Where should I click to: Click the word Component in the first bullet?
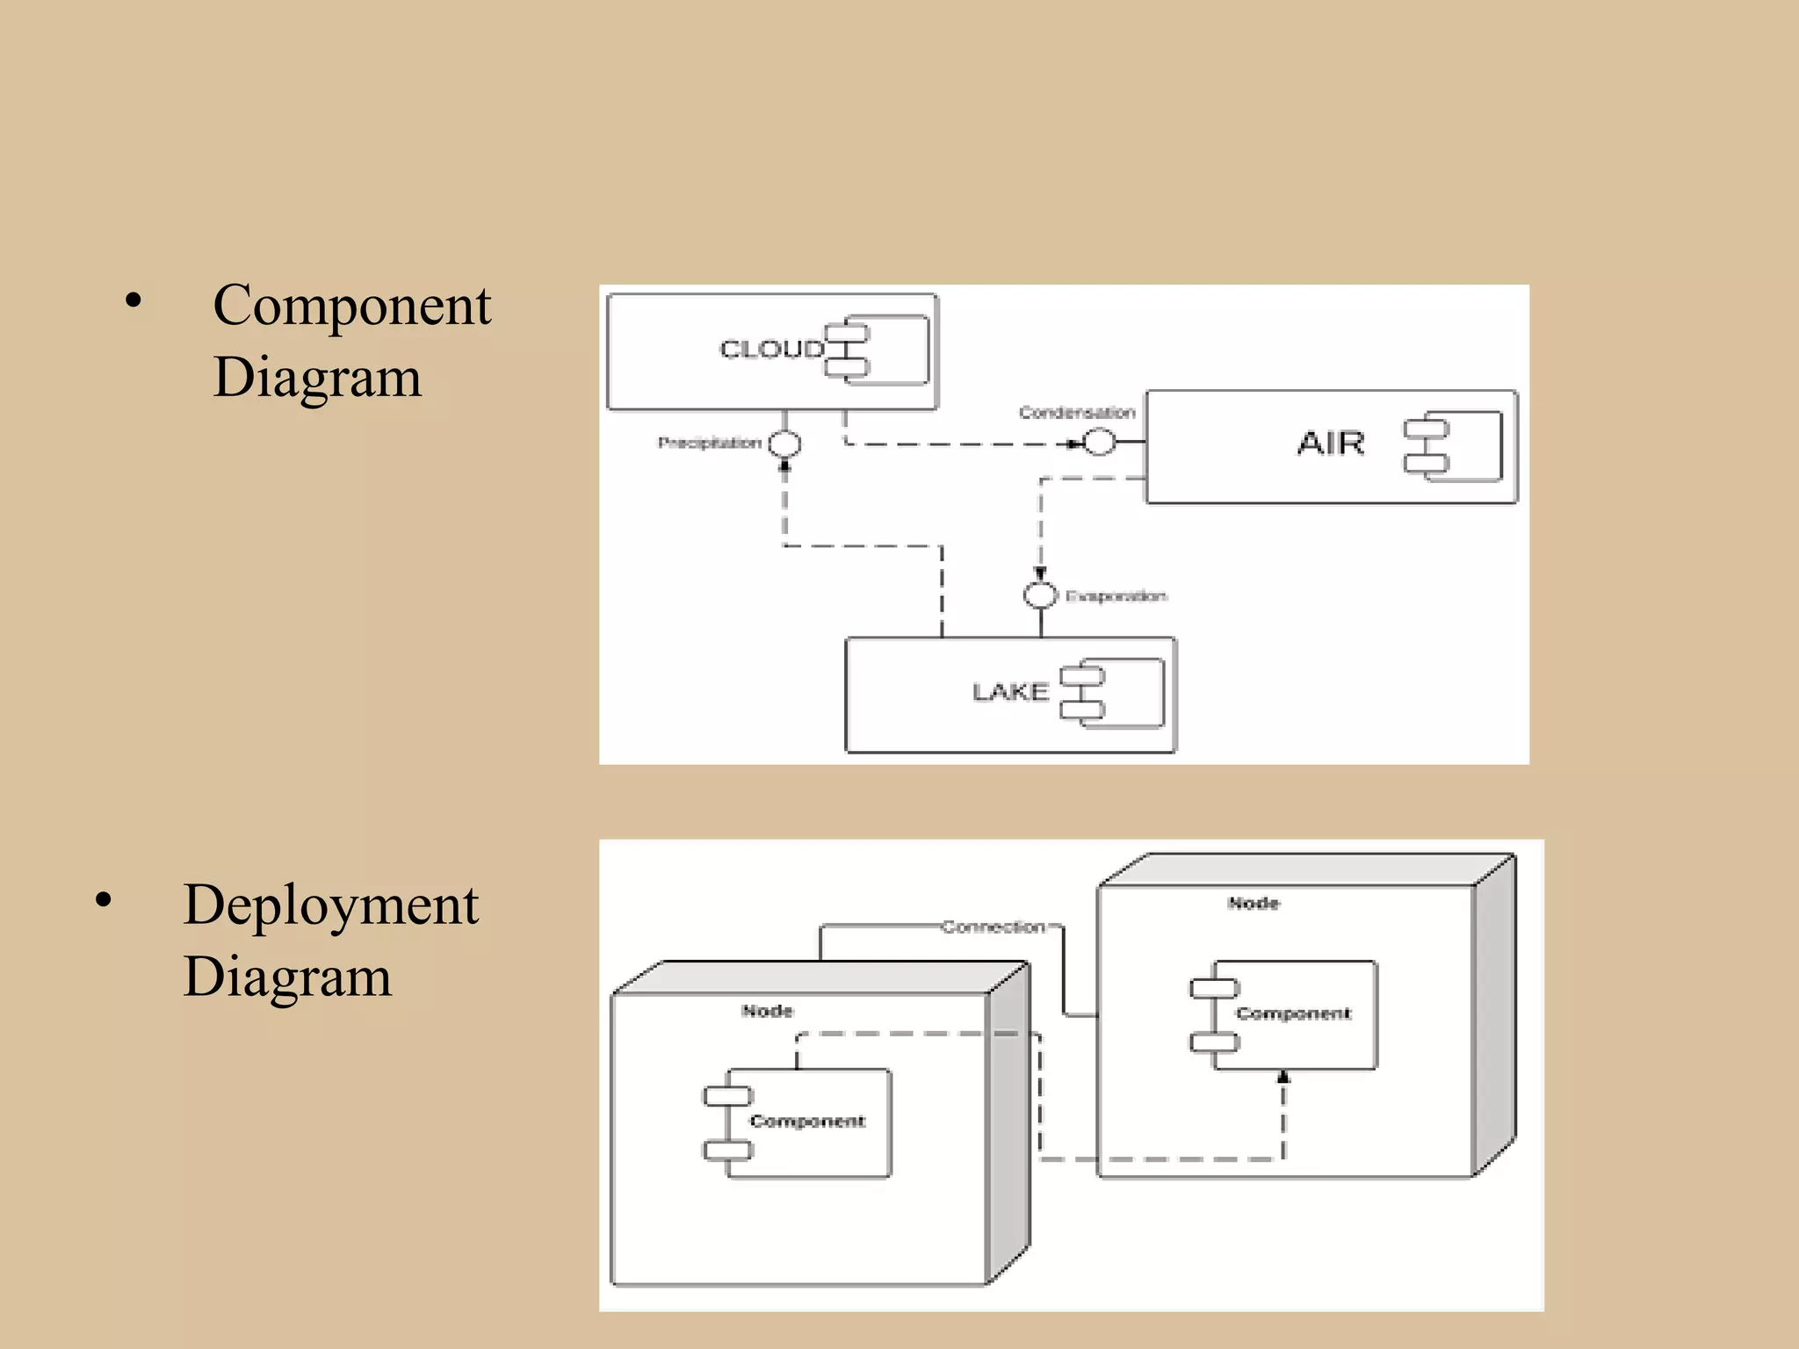pyautogui.click(x=351, y=307)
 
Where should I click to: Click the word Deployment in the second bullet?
pyautogui.click(x=330, y=905)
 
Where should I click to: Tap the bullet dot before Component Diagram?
pyautogui.click(x=133, y=301)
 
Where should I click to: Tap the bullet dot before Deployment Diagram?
pyautogui.click(x=104, y=900)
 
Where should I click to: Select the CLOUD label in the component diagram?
pyautogui.click(x=771, y=350)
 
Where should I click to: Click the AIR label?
pyautogui.click(x=1331, y=444)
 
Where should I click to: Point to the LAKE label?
pyautogui.click(x=1010, y=692)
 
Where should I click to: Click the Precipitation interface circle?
pyautogui.click(x=784, y=444)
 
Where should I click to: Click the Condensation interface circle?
pyautogui.click(x=1099, y=442)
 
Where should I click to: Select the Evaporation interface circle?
pyautogui.click(x=1040, y=595)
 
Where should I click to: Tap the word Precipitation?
pyautogui.click(x=709, y=443)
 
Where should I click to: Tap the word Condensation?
pyautogui.click(x=1077, y=413)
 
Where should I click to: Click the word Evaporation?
pyautogui.click(x=1116, y=596)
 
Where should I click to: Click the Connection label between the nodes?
pyautogui.click(x=993, y=927)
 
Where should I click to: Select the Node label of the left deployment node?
pyautogui.click(x=767, y=1011)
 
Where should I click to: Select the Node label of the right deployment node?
pyautogui.click(x=1254, y=903)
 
